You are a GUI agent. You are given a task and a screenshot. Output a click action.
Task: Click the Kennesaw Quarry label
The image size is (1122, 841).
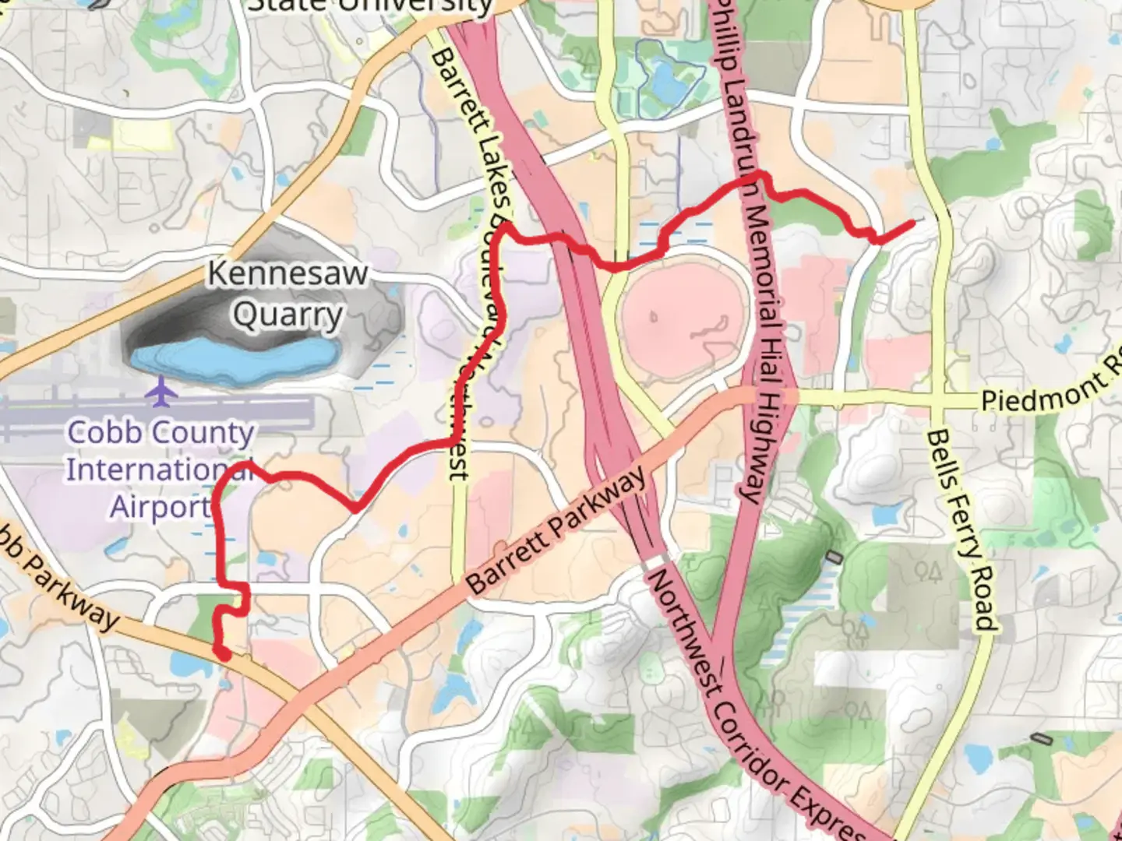(x=288, y=294)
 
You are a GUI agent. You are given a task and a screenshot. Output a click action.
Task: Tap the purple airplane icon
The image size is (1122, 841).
(x=161, y=391)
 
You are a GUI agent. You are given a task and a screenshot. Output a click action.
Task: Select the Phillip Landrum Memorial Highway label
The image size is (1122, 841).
(x=752, y=249)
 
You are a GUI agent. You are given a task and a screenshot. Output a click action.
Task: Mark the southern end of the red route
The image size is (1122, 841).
(x=224, y=656)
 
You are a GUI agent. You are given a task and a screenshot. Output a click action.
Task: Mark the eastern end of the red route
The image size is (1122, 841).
(x=912, y=223)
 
